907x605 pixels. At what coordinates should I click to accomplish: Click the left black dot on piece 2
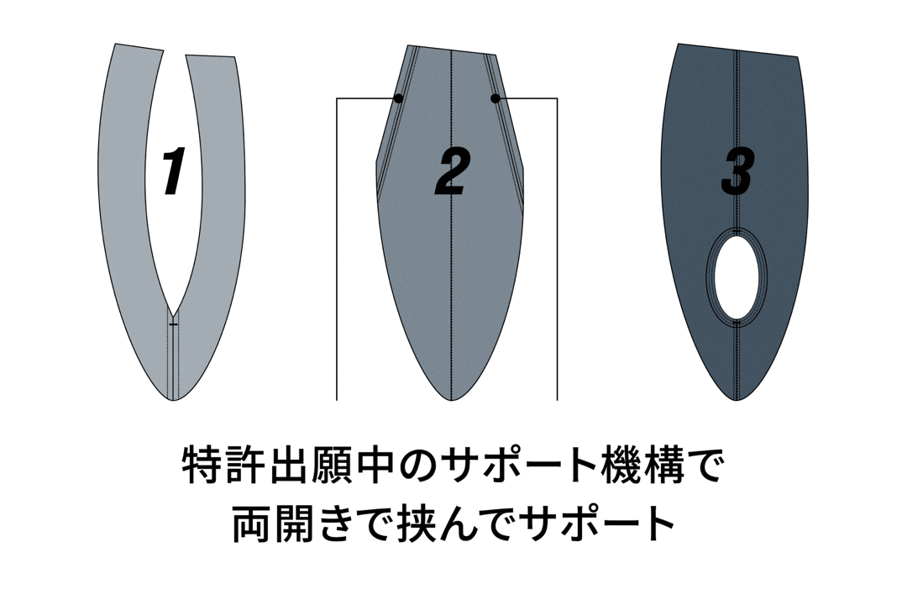(398, 98)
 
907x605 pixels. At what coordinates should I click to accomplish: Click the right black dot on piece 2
(495, 98)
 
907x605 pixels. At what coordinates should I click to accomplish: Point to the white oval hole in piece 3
(737, 275)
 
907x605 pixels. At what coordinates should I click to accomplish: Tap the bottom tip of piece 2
(451, 400)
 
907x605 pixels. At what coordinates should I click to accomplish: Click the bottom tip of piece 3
(737, 400)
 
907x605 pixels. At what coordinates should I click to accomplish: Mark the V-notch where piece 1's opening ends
(174, 308)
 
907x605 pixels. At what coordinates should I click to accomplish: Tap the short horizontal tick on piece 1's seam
(174, 325)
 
